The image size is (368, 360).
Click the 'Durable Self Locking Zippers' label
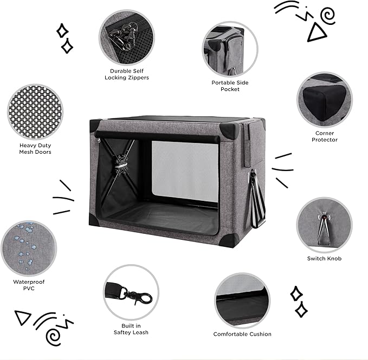click(x=126, y=74)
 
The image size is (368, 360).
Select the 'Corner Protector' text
click(x=325, y=136)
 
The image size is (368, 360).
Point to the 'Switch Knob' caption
click(x=324, y=258)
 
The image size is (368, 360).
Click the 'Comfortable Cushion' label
click(x=242, y=334)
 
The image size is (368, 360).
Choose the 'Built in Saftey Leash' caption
click(x=131, y=329)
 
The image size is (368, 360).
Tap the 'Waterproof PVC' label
click(x=28, y=285)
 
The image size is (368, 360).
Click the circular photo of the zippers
click(x=126, y=36)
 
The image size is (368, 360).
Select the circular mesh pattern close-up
click(x=35, y=110)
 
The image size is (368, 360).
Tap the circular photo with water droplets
click(x=28, y=247)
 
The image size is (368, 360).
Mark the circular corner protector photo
click(x=324, y=100)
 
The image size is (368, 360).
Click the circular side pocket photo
click(x=230, y=49)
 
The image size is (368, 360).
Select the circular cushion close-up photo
click(x=242, y=299)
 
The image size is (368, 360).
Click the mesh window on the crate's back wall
click(x=184, y=171)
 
